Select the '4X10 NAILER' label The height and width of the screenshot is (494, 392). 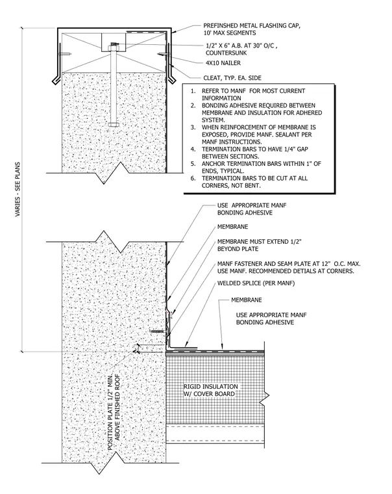[x=223, y=63]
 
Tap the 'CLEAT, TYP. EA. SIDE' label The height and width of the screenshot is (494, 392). [x=232, y=78]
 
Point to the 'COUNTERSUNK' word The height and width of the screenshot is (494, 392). [x=227, y=53]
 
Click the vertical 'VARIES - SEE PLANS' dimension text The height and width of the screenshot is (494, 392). [x=18, y=189]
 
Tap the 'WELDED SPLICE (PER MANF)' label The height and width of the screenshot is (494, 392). [x=256, y=283]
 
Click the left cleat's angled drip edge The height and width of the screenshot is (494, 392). [x=55, y=79]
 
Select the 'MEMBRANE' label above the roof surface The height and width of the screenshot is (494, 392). [x=247, y=300]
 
